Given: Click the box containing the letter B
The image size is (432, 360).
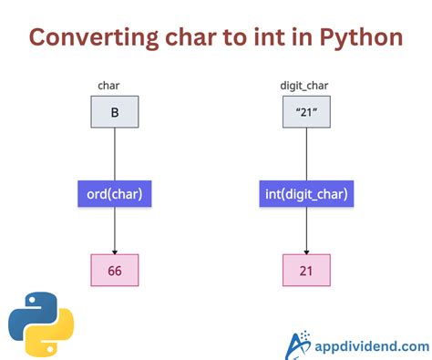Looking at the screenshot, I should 114,113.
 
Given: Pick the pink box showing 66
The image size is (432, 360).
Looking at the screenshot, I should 114,272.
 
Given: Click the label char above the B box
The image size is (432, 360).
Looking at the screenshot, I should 108,87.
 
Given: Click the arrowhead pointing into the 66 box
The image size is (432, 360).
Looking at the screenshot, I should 114,252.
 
